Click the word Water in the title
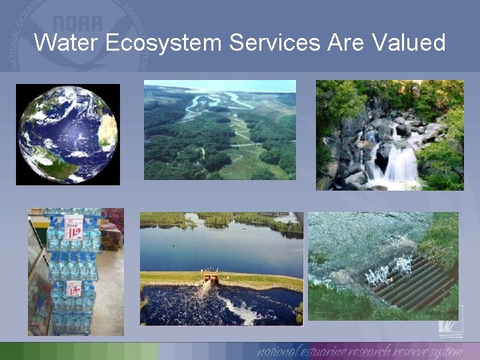(64, 43)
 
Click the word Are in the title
(346, 43)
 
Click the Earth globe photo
(68, 134)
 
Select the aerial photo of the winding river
(219, 130)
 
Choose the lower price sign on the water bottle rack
(74, 287)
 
